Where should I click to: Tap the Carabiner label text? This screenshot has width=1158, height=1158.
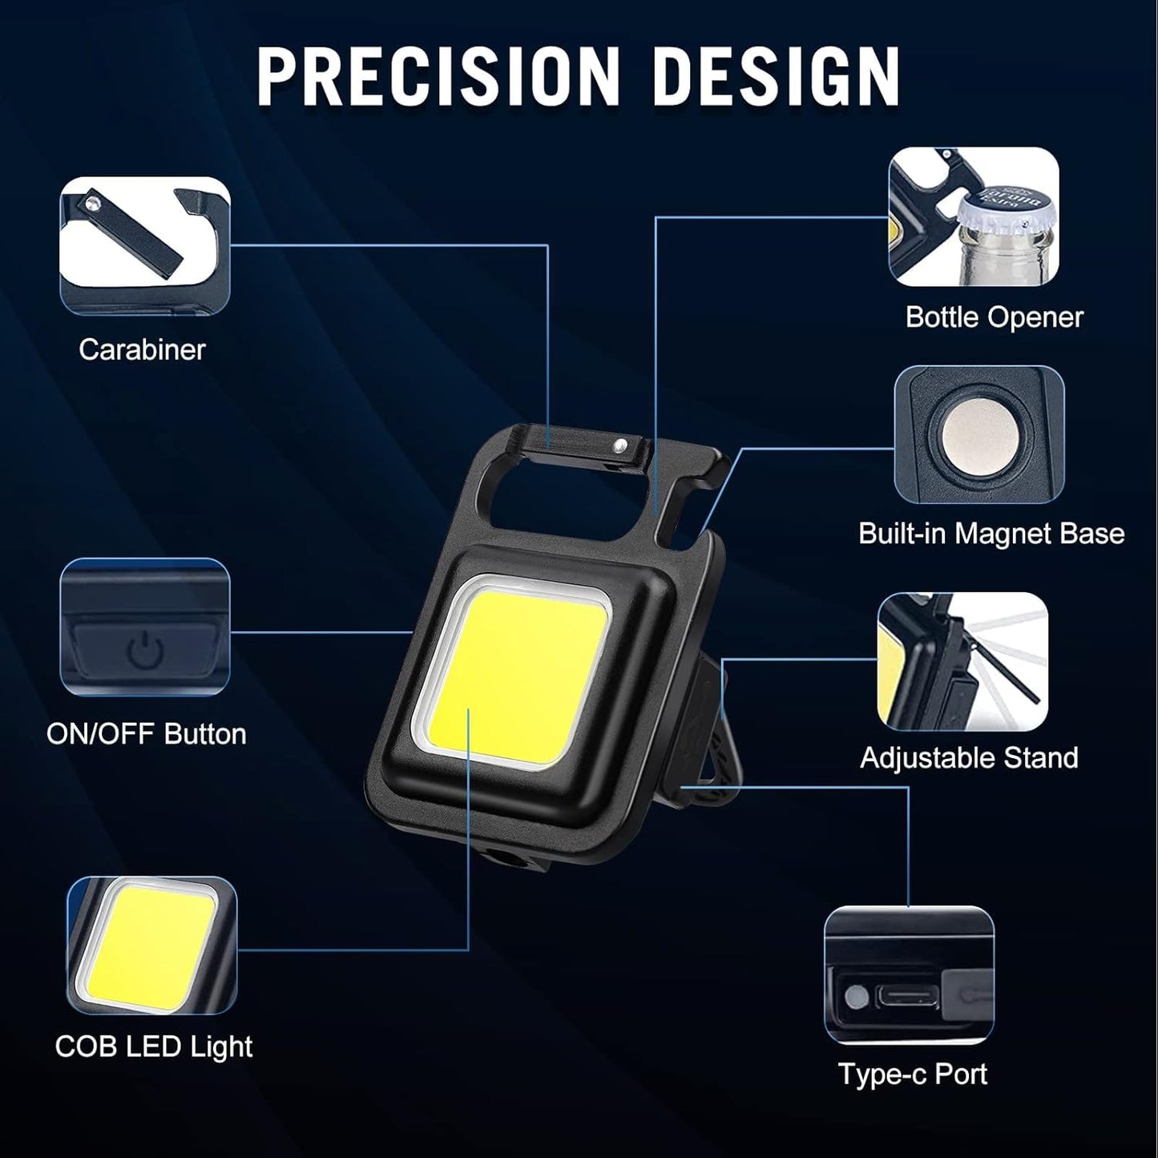click(x=142, y=349)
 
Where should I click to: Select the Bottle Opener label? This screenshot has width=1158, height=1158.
click(x=994, y=317)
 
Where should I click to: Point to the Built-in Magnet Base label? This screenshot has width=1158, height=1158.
click(x=991, y=534)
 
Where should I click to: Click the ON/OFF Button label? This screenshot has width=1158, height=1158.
click(x=147, y=734)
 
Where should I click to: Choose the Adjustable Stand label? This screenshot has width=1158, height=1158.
click(x=969, y=758)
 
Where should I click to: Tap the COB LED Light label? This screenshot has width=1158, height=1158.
click(x=154, y=1047)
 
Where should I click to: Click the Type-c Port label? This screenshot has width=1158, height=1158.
click(x=913, y=1074)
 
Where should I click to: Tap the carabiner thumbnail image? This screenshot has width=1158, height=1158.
click(x=144, y=246)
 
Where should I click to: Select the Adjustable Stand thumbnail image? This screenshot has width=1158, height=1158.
click(x=962, y=661)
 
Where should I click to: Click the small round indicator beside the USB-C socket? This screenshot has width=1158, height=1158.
click(x=856, y=998)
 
